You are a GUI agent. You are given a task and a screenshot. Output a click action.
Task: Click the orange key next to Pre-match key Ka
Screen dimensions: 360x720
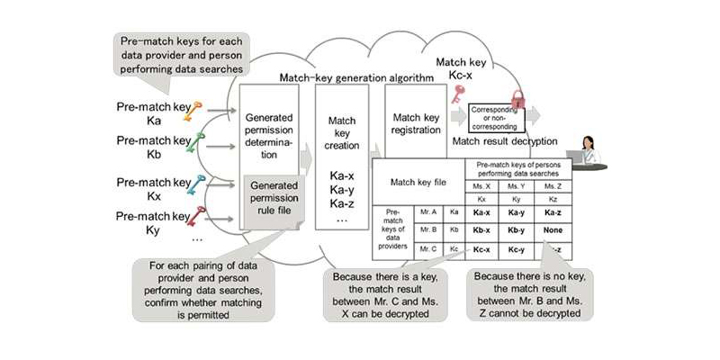(197, 111)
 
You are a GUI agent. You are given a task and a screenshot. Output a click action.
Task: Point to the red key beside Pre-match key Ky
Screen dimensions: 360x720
(198, 215)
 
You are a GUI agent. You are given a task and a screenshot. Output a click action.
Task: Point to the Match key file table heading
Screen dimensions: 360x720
(417, 183)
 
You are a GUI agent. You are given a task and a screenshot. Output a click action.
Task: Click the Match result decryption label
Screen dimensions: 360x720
(504, 142)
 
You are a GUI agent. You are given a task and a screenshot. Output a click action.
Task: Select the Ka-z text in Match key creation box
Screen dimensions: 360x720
(340, 204)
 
